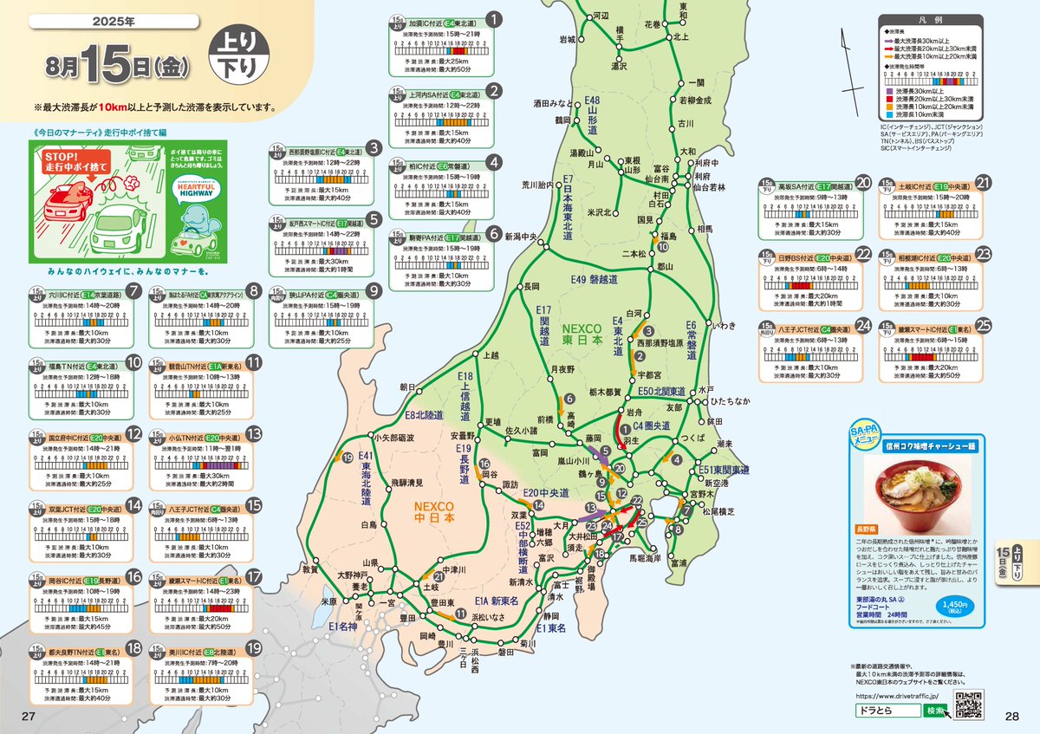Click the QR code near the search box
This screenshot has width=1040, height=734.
[969, 705]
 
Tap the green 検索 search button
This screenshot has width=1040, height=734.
[936, 710]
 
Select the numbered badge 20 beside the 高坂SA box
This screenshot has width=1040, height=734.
[862, 182]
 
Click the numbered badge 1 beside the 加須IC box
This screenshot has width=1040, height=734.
[494, 17]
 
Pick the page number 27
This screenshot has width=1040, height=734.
[28, 715]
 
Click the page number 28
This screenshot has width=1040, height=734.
[1011, 715]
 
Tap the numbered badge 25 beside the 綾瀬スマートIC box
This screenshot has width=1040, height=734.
[983, 325]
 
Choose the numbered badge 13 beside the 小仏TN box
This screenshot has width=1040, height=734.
[254, 434]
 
